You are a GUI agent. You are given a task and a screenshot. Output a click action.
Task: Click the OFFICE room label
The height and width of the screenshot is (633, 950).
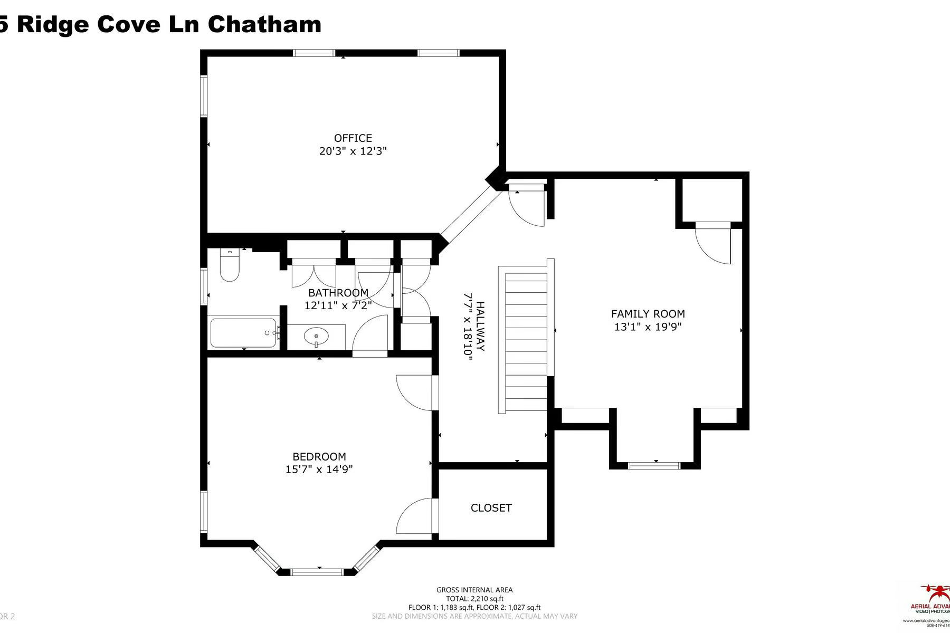tap(353, 138)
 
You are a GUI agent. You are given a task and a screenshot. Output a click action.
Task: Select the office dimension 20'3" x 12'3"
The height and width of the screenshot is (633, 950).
tap(353, 151)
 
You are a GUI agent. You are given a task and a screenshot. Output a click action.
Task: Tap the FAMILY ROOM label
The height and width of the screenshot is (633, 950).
tap(648, 314)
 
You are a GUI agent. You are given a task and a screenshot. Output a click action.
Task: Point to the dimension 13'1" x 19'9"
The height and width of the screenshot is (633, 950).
tap(648, 327)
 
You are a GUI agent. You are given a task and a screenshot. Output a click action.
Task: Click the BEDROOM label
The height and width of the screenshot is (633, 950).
tap(319, 457)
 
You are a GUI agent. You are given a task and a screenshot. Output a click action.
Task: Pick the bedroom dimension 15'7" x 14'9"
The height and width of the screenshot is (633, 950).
tap(319, 469)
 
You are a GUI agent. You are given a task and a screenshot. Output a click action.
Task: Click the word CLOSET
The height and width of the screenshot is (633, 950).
tap(491, 508)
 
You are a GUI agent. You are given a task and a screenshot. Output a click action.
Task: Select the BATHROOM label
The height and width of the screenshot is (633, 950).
tap(338, 293)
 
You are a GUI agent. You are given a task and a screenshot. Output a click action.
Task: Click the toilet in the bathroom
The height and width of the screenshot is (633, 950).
tap(230, 266)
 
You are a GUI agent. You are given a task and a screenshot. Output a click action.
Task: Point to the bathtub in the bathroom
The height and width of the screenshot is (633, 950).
tap(243, 332)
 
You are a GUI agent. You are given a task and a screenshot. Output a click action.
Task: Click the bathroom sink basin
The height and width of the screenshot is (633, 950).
tap(316, 335)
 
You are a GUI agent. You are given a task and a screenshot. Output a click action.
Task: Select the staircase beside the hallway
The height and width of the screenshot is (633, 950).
tap(526, 340)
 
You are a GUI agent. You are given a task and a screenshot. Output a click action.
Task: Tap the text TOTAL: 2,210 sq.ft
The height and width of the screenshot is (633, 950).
tap(474, 599)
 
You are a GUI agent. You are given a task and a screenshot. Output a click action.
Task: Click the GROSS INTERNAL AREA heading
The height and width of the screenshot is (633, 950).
tap(474, 590)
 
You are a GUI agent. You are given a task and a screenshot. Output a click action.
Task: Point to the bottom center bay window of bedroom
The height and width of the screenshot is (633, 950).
tap(317, 572)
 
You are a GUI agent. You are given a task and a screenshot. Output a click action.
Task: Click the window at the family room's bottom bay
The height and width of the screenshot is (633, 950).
tap(654, 465)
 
